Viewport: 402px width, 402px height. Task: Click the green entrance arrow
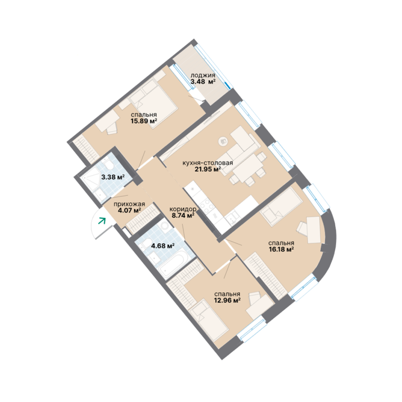[102, 221]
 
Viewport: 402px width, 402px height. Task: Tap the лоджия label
[203, 75]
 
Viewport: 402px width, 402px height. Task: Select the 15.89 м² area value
[143, 121]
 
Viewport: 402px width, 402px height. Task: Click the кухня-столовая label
[208, 163]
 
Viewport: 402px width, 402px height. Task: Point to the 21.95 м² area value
[208, 169]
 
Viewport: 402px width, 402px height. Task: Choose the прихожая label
[129, 204]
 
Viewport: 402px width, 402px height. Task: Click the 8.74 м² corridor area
[183, 215]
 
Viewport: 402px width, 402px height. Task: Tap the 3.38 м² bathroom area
[113, 177]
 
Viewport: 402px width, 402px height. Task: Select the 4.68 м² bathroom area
[163, 246]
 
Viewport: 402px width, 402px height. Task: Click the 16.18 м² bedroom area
[281, 249]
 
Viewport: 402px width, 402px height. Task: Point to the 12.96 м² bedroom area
[227, 300]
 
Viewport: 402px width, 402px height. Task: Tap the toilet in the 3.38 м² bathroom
[108, 164]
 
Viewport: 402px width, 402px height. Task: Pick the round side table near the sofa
[223, 141]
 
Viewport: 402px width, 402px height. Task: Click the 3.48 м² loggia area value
[203, 82]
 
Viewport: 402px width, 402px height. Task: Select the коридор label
[183, 209]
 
